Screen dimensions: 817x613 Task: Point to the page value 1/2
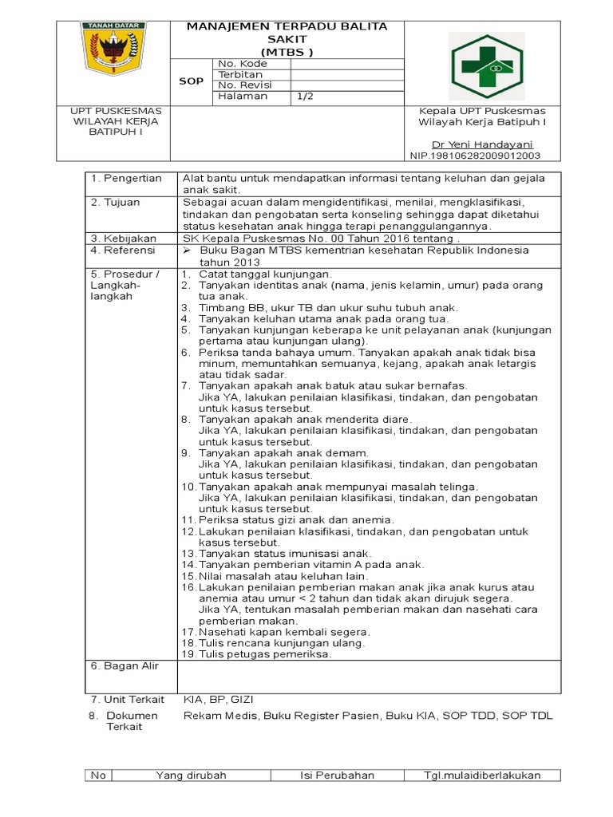304,97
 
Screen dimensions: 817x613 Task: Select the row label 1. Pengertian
126,178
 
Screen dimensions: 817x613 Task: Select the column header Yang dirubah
192,776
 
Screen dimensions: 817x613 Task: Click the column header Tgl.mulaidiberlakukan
482,776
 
